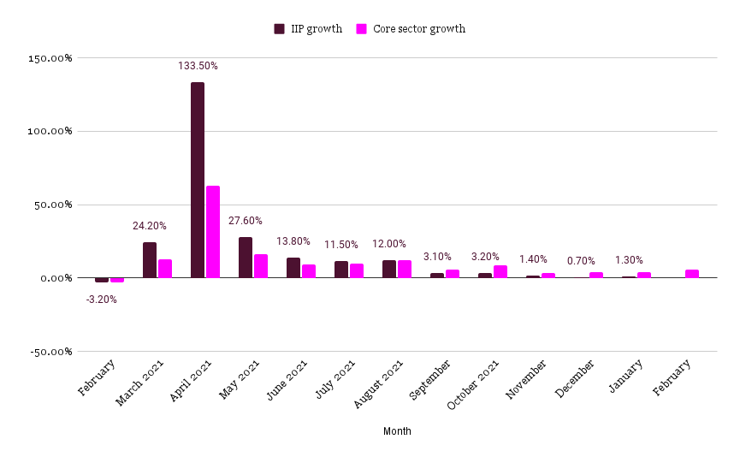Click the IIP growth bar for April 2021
click(197, 180)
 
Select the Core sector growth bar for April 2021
click(213, 232)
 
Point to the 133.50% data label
click(197, 66)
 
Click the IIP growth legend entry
click(308, 29)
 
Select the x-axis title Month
click(397, 431)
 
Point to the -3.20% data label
click(101, 300)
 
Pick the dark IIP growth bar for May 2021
click(245, 258)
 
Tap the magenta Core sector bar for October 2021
click(500, 271)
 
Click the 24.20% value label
click(149, 226)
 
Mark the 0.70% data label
click(580, 261)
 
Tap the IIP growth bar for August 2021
click(388, 269)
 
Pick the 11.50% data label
click(340, 245)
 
